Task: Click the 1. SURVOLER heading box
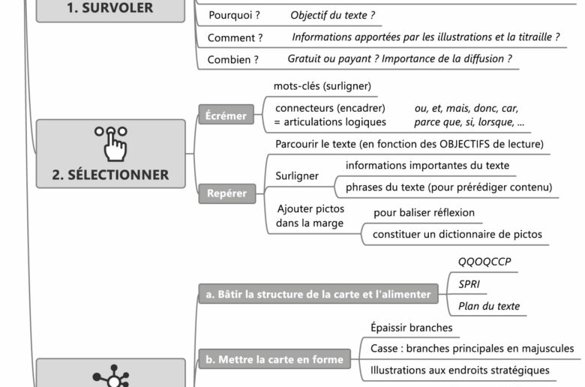coord(110,10)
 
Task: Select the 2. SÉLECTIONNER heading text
coord(110,175)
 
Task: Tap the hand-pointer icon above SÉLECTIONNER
coord(110,142)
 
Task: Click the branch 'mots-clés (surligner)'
coord(322,86)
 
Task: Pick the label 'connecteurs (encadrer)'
coord(330,108)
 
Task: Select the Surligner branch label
coord(297,176)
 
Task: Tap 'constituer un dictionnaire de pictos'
coord(457,235)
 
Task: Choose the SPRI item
coord(469,284)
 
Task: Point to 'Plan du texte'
coord(488,306)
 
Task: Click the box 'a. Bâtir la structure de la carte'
coord(318,295)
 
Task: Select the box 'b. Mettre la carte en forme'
coord(274,359)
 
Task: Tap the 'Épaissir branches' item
coord(411,328)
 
